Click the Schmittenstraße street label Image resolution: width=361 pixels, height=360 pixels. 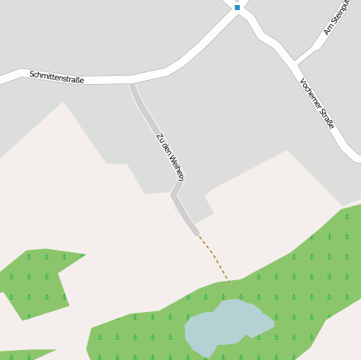57,77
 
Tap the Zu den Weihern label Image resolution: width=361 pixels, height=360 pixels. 169,156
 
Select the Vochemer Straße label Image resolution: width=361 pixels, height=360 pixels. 316,103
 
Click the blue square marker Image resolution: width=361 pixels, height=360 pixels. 237,7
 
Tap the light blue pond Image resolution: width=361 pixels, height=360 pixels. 227,326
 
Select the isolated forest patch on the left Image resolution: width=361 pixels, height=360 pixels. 38,283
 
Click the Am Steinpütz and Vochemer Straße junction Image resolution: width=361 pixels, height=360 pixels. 295,61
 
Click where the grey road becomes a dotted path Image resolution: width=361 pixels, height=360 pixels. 198,234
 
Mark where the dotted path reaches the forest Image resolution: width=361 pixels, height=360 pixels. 230,282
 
